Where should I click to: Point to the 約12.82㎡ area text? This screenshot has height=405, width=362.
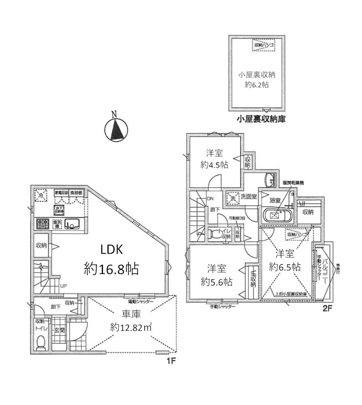tap(131, 328)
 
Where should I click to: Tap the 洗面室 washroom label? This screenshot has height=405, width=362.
tap(248, 196)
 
